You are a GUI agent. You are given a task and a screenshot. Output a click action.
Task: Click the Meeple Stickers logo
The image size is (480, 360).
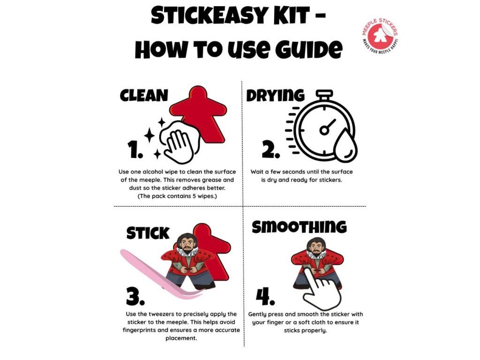pos(380,36)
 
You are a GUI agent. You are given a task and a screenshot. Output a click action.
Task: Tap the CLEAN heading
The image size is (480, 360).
pos(144,96)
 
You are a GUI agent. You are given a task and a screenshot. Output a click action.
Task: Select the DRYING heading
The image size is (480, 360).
pos(276,96)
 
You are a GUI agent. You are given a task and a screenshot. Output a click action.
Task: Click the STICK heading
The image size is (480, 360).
pos(148,233)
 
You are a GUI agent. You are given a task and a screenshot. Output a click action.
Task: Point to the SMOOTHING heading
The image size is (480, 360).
pos(299,227)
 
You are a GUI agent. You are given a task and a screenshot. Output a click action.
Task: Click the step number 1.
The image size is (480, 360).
pos(135,150)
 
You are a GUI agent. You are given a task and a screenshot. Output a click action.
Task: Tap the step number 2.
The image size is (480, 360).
pos(271,150)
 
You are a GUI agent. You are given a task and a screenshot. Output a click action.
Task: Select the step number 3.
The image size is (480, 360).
pos(135,297)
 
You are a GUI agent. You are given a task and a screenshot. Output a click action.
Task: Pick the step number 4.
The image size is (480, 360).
pos(265,297)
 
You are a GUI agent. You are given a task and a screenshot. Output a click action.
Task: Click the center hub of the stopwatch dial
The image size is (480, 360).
pos(324,130)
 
